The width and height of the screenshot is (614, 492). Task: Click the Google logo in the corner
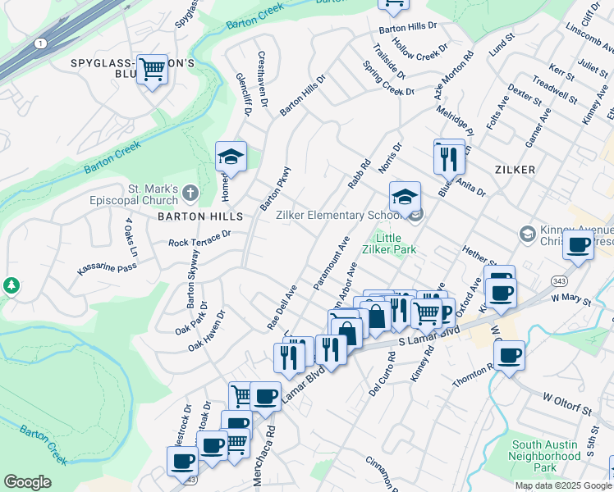pyautogui.click(x=27, y=482)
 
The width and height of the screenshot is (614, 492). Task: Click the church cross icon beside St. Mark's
pyautogui.click(x=190, y=194)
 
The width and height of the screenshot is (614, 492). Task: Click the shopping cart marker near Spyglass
pyautogui.click(x=152, y=71)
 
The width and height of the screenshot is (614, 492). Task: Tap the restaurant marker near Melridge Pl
pyautogui.click(x=448, y=157)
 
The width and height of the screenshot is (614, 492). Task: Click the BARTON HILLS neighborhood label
pyautogui.click(x=201, y=216)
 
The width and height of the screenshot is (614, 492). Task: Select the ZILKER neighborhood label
pyautogui.click(x=515, y=170)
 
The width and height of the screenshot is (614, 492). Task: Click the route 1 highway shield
pyautogui.click(x=40, y=42)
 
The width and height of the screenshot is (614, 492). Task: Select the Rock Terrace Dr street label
pyautogui.click(x=199, y=239)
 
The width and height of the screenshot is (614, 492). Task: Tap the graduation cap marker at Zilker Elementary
pyautogui.click(x=405, y=198)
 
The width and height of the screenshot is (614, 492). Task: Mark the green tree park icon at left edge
pyautogui.click(x=11, y=285)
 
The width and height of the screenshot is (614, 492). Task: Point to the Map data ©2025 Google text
pyautogui.click(x=562, y=485)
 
